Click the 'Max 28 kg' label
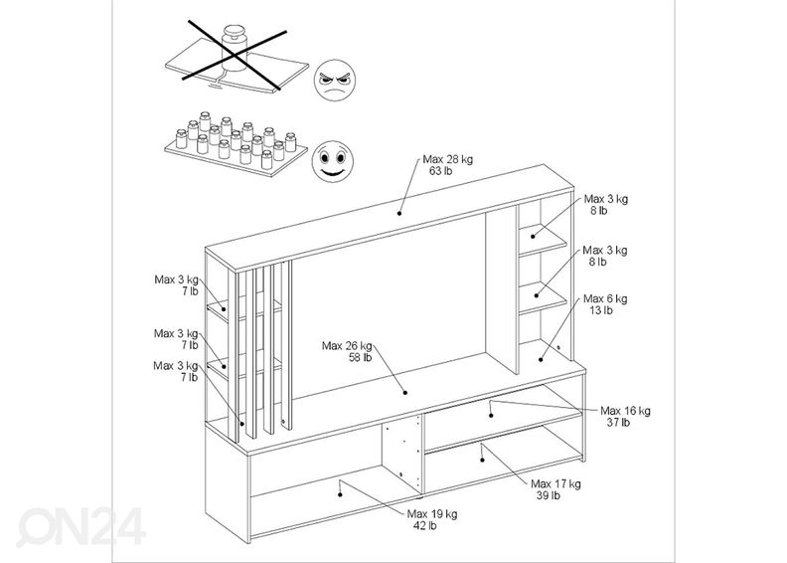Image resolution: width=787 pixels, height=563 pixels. pyautogui.click(x=446, y=158)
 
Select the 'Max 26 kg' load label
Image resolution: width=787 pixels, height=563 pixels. pyautogui.click(x=347, y=345)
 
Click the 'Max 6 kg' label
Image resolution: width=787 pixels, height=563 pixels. pyautogui.click(x=604, y=298)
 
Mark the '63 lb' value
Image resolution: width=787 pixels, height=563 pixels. pyautogui.click(x=442, y=170)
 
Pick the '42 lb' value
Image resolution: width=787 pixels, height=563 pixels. pyautogui.click(x=424, y=526)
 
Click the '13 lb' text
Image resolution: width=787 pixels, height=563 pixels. pyautogui.click(x=602, y=310)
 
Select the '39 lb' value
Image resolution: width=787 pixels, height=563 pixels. pyautogui.click(x=549, y=495)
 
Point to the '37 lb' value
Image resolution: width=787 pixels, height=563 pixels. pyautogui.click(x=618, y=422)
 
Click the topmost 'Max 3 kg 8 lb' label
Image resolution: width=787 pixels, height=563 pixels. pyautogui.click(x=605, y=204)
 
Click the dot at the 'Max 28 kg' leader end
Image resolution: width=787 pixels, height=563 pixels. pyautogui.click(x=399, y=211)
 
